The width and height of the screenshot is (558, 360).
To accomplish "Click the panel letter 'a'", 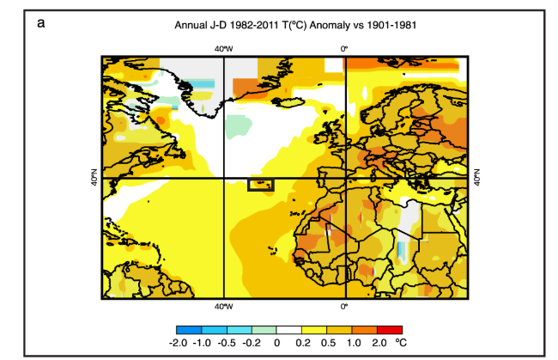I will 41,23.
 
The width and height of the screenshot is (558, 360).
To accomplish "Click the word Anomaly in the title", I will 335,25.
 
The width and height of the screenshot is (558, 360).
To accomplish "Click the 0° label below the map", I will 344,306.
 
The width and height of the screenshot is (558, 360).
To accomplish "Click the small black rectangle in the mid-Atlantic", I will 260,185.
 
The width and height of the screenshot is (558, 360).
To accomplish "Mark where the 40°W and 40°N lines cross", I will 223,179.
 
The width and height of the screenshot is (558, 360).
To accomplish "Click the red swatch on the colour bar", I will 389,330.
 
